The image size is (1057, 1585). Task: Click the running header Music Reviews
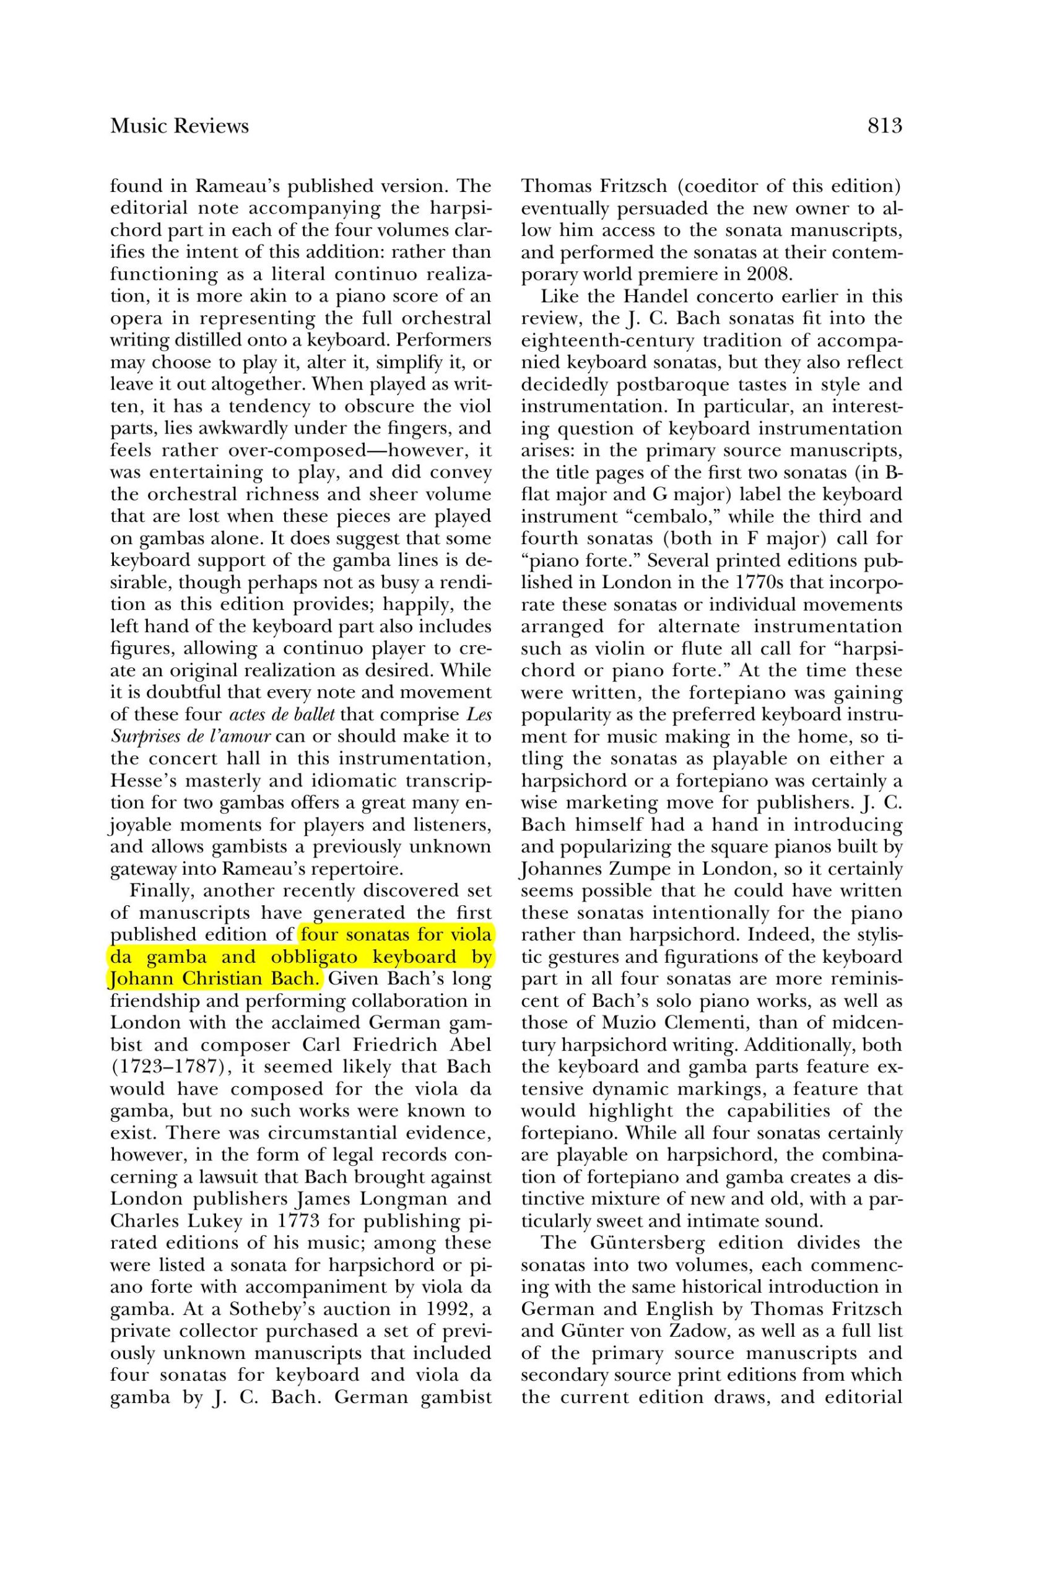180,126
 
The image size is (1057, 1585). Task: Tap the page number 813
884,126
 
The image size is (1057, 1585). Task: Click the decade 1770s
797,582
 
